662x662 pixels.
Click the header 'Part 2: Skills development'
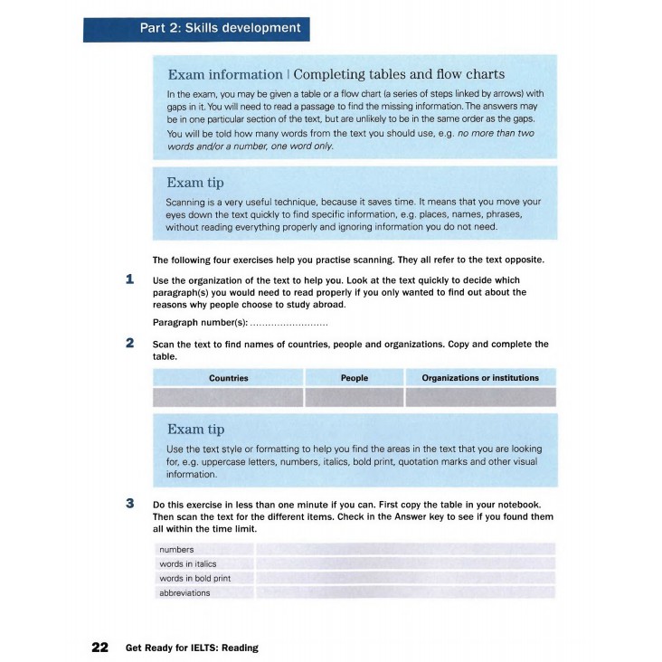point(220,28)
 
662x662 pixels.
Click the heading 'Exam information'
point(225,74)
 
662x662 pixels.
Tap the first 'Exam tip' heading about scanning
point(195,182)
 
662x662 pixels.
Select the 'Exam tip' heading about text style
point(195,429)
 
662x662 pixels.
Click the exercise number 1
point(130,279)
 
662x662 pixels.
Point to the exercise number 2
point(130,344)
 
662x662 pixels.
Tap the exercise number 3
point(130,504)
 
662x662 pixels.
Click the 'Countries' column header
point(228,378)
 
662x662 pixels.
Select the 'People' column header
point(355,378)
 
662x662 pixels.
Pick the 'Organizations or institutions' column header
point(480,378)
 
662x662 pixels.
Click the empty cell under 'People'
point(355,397)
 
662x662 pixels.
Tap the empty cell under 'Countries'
point(228,397)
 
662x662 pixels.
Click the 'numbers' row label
point(176,550)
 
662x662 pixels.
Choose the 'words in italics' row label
point(188,564)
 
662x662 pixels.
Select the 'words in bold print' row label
point(194,579)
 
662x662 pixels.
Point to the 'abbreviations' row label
point(184,593)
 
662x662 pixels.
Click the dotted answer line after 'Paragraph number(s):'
point(288,324)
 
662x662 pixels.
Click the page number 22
point(99,648)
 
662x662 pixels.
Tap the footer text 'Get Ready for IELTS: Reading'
point(192,648)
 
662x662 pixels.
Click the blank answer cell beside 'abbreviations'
point(405,593)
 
